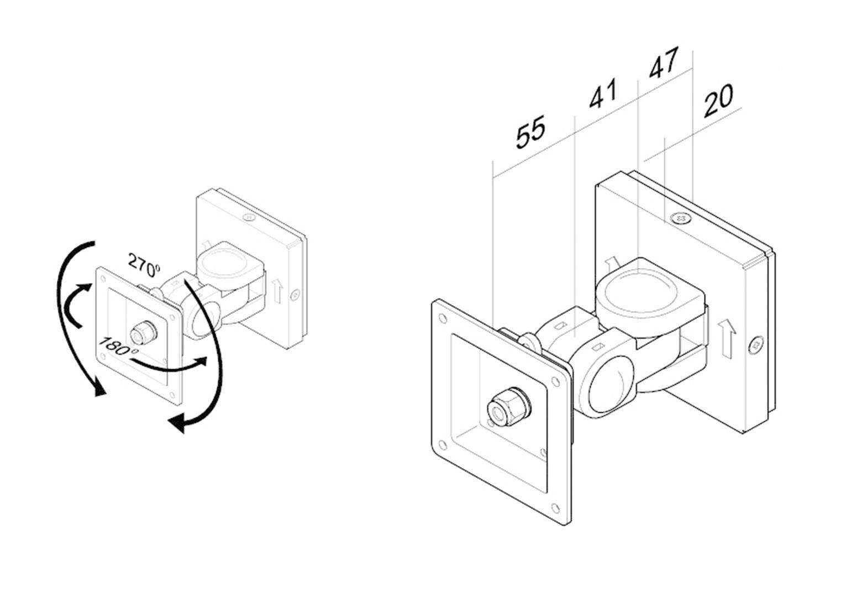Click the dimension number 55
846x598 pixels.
(530, 132)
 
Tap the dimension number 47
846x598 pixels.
(663, 63)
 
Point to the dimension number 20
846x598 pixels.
(718, 101)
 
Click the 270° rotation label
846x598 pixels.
(144, 264)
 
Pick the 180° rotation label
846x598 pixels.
(117, 347)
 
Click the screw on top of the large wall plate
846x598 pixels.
(680, 219)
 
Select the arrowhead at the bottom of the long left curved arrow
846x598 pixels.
(99, 390)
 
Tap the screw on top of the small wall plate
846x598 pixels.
(249, 217)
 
